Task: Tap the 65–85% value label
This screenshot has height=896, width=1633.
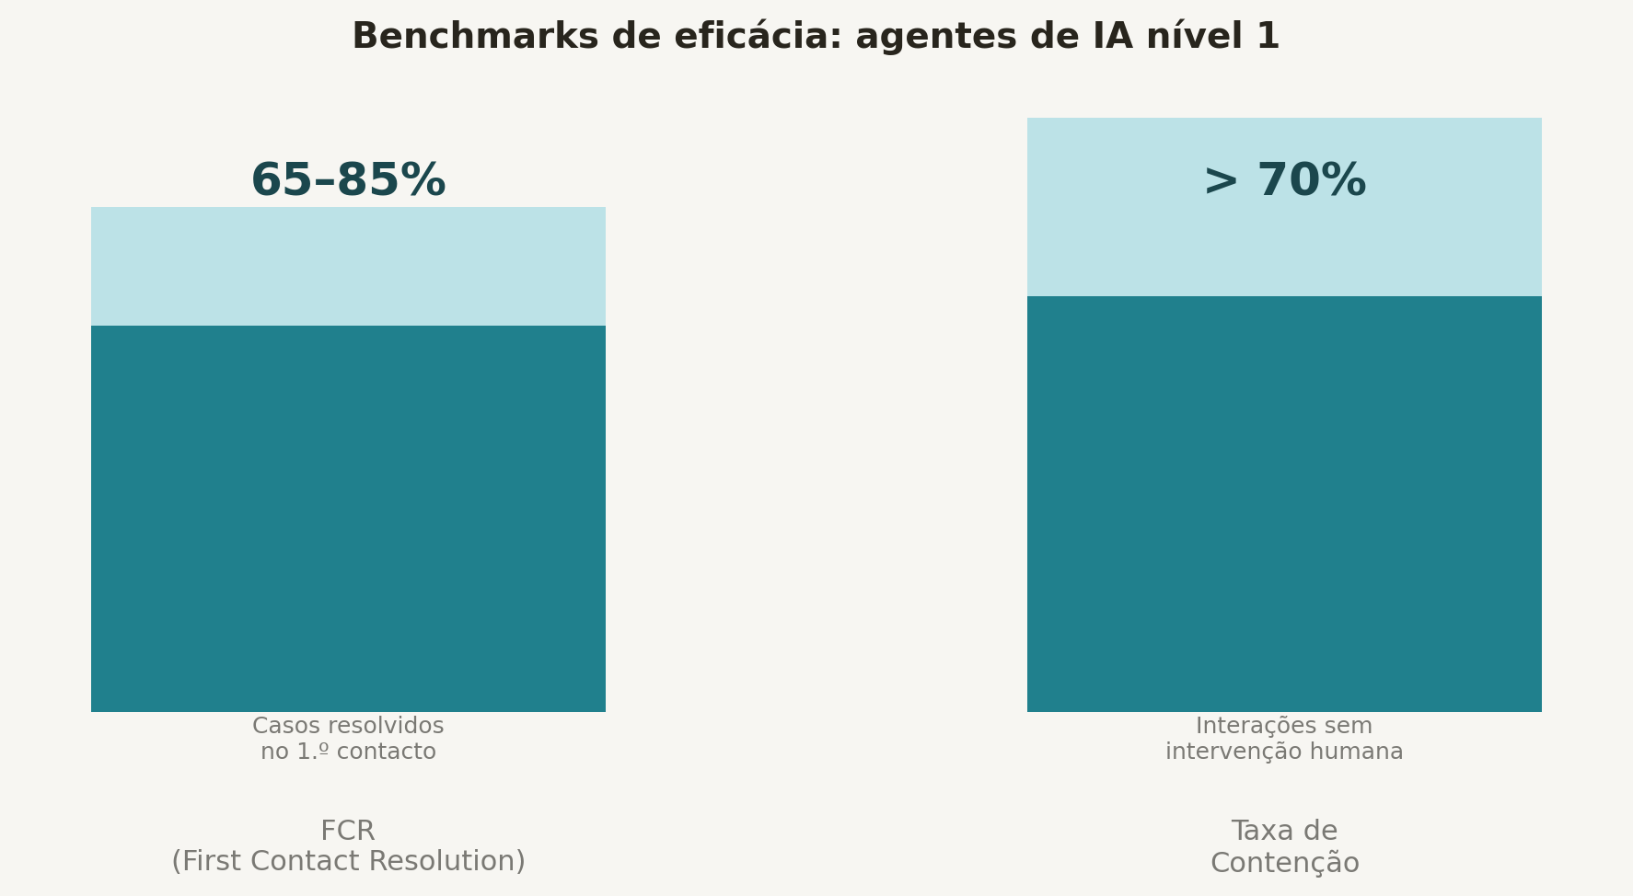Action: click(348, 180)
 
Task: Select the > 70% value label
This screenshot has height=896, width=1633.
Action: click(1284, 180)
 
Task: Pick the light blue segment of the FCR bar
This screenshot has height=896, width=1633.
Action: click(348, 266)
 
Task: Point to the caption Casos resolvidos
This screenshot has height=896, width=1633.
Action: click(348, 726)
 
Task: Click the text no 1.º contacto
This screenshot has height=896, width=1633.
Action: click(348, 752)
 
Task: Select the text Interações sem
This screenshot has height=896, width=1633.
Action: click(1284, 726)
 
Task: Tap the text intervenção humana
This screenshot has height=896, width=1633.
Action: click(1284, 752)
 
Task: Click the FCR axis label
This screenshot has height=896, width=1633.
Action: click(348, 831)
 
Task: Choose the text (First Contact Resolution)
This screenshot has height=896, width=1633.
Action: click(348, 862)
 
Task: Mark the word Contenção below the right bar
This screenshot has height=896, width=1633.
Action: click(1284, 863)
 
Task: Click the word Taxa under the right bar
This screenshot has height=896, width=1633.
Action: click(1260, 831)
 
